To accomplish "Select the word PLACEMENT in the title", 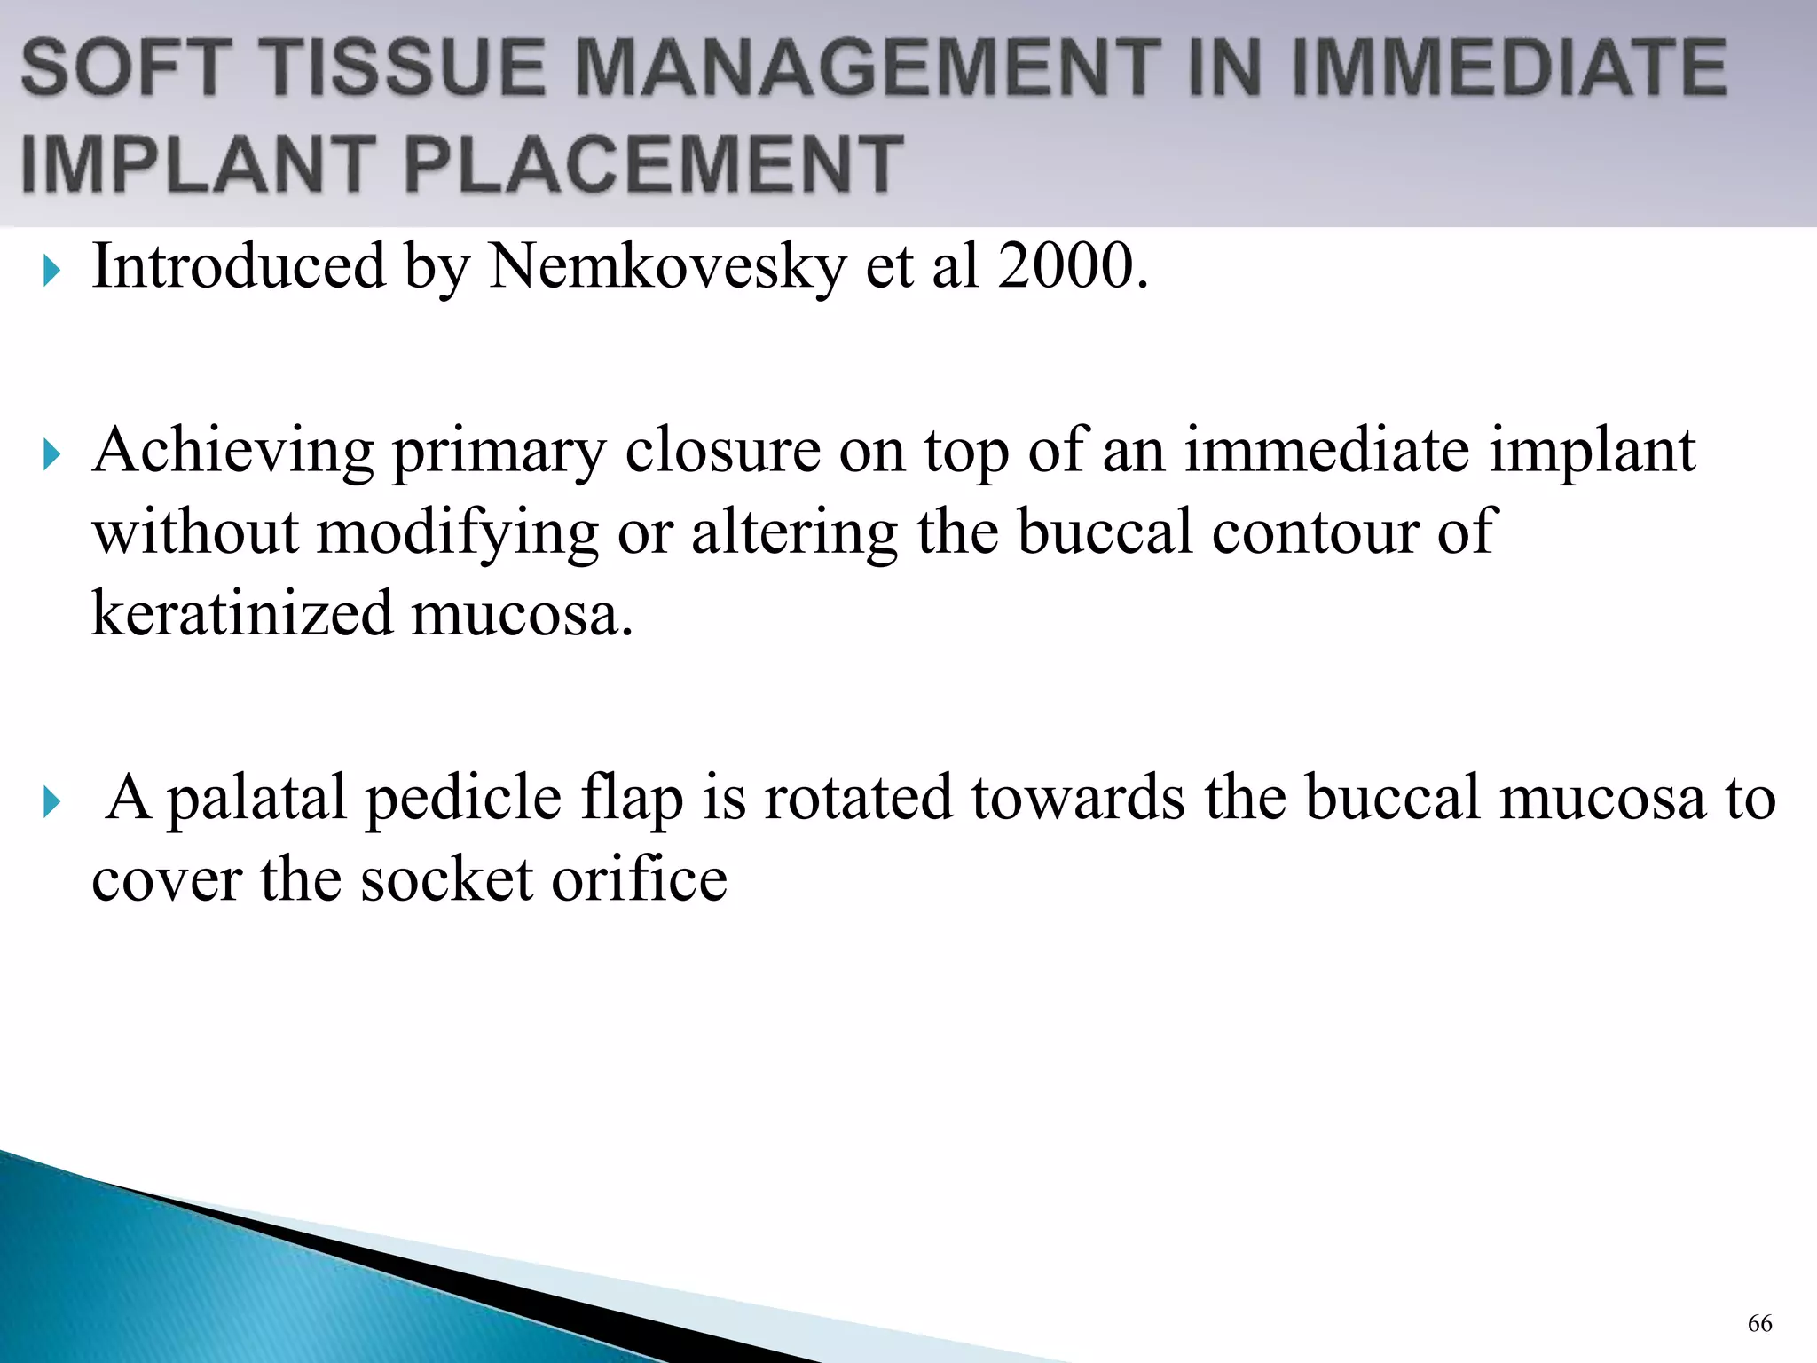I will pyautogui.click(x=654, y=164).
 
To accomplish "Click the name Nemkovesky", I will pyautogui.click(x=667, y=266).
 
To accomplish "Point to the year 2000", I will pyautogui.click(x=1072, y=266).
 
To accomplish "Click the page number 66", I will pyautogui.click(x=1759, y=1323).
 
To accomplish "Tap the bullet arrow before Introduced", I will pyautogui.click(x=51, y=271).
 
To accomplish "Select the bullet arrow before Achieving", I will pyautogui.click(x=51, y=455).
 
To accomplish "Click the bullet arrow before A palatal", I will pyautogui.click(x=51, y=802).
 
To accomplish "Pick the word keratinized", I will pyautogui.click(x=241, y=614).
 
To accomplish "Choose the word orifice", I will pyautogui.click(x=639, y=880).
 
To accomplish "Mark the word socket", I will pyautogui.click(x=446, y=880).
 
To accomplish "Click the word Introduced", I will pyautogui.click(x=240, y=266).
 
